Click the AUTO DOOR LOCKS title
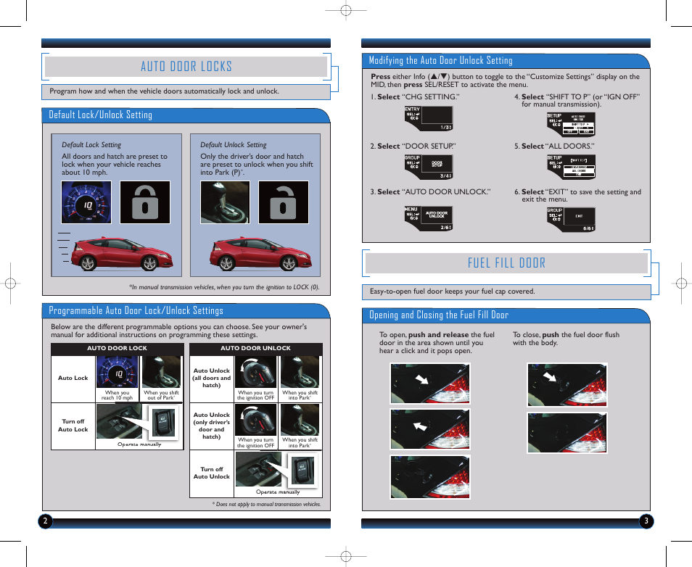[x=186, y=67]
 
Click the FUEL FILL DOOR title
[x=506, y=262]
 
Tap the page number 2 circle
[x=45, y=521]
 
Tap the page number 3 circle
[x=646, y=521]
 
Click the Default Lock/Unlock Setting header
[x=101, y=115]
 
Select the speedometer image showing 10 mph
[x=86, y=202]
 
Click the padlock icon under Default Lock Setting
[x=145, y=202]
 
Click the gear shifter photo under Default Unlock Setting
[x=225, y=202]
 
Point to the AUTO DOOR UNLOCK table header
[x=255, y=348]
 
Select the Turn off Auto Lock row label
[x=73, y=425]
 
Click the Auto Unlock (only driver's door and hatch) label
[x=211, y=426]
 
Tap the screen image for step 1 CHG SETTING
[x=428, y=118]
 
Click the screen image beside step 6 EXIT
[x=571, y=220]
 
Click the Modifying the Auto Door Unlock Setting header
[x=440, y=60]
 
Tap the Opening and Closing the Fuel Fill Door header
[x=439, y=315]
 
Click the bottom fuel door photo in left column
[x=429, y=476]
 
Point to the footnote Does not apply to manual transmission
[x=266, y=504]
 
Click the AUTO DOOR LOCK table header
[x=117, y=348]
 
